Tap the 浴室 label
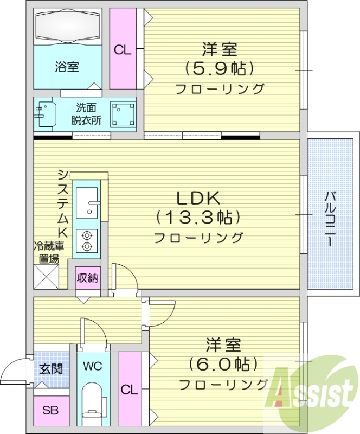tap(67, 67)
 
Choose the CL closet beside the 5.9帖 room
tap(123, 49)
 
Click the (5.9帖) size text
tap(220, 69)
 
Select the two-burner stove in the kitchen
tap(86, 241)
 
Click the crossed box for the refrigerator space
tap(47, 276)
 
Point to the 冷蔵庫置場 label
tap(47, 252)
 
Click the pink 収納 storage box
tap(87, 278)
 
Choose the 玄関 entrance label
tap(51, 369)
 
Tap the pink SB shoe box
tap(51, 411)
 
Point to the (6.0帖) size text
tap(223, 363)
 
